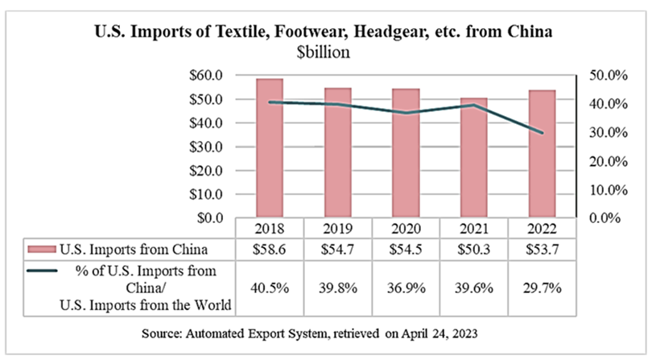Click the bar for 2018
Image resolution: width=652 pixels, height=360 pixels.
point(270,149)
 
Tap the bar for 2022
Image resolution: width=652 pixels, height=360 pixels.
point(543,154)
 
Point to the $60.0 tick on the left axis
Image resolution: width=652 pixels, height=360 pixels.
point(206,76)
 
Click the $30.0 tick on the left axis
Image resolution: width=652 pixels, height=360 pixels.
point(206,147)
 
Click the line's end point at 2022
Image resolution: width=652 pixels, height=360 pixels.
point(543,133)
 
